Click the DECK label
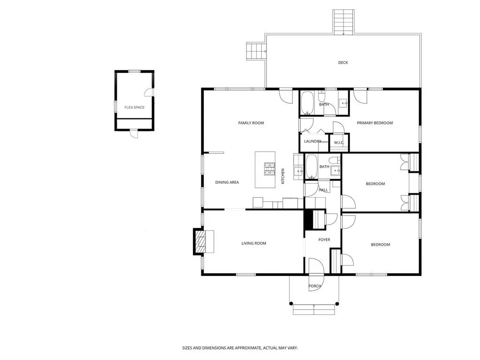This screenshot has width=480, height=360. pos(343,62)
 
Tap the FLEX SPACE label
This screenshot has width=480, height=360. pos(134,107)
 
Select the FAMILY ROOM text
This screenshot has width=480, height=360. pos(251,123)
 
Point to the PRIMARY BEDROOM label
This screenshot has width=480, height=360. pos(374,123)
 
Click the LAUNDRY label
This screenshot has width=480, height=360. pos(312,141)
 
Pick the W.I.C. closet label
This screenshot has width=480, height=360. pos(339,143)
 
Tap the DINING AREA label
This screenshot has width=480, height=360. pos(227,182)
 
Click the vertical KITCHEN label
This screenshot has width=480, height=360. pos(283,176)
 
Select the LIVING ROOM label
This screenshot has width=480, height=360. pos(254,243)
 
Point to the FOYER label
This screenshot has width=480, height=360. pos(324,240)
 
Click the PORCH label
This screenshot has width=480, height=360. pos(314,286)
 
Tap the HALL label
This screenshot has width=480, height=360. pos(323,190)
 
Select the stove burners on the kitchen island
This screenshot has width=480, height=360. pos(269,169)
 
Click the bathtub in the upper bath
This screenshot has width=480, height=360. pos(308,103)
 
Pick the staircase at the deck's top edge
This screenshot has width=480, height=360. pos(343,22)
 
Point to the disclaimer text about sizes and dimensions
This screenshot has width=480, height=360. pos(240,348)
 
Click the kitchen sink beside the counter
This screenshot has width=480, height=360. pos(298,172)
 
